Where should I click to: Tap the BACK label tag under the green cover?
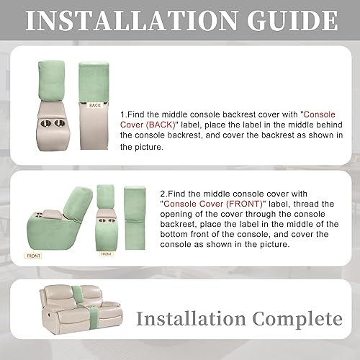tap(96, 105)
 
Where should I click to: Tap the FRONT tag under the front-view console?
tap(106, 253)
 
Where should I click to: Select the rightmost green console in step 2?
tap(135, 214)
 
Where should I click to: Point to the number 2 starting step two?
tap(162, 194)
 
